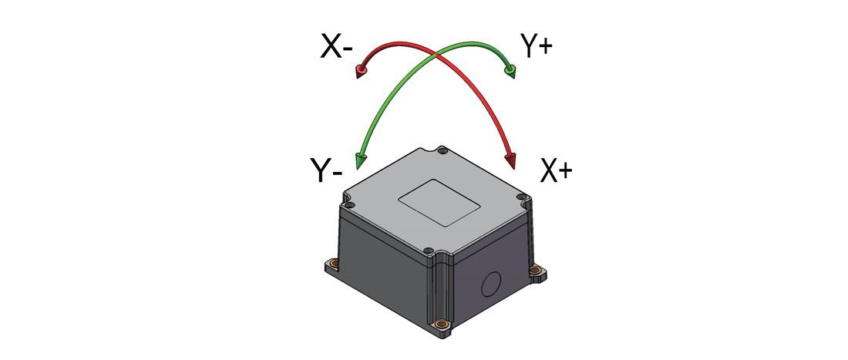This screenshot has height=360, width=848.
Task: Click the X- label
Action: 336,46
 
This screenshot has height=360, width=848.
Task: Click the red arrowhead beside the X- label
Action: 361,72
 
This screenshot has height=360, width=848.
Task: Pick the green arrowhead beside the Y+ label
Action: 510,71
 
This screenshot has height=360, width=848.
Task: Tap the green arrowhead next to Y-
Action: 360,161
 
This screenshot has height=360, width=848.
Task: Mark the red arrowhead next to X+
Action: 510,161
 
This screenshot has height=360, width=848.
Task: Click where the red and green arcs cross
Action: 436,53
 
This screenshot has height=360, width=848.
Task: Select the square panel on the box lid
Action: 439,202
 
